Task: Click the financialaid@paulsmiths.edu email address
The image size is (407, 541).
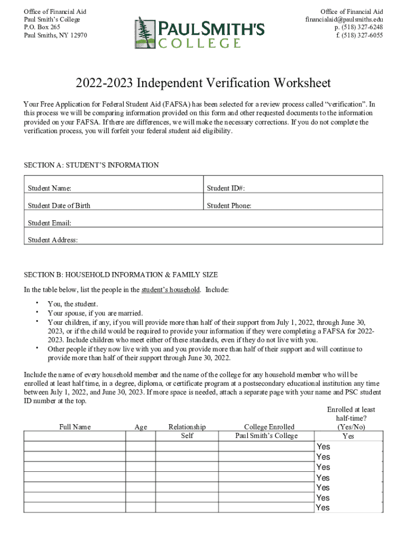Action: coord(344,20)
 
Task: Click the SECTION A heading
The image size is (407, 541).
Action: coord(91,165)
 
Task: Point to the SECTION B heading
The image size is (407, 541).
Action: coord(121,275)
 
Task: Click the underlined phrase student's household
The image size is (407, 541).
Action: coord(170,290)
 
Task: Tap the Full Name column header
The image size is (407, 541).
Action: coord(75,427)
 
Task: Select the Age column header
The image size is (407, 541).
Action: coord(141,427)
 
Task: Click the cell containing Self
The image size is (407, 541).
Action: coord(187,436)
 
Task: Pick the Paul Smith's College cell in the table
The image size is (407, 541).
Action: coord(266,436)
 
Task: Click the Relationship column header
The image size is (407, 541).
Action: coord(187,427)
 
